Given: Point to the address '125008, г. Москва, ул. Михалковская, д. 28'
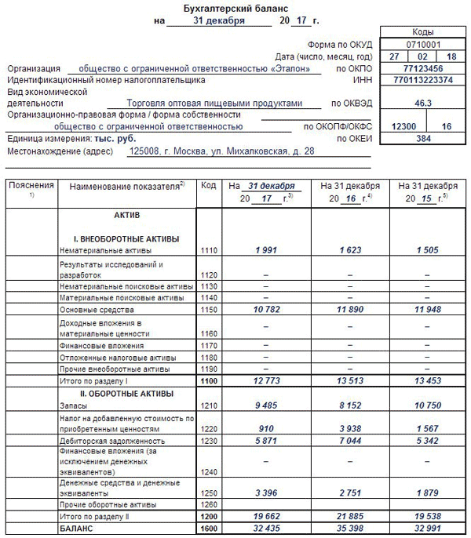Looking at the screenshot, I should pyautogui.click(x=221, y=150).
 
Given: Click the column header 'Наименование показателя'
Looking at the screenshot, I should pyautogui.click(x=126, y=187).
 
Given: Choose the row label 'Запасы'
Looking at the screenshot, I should pyautogui.click(x=72, y=406).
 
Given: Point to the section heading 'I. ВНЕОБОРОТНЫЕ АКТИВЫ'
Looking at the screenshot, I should pyautogui.click(x=126, y=238).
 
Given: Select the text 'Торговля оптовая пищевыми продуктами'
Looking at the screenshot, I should pyautogui.click(x=214, y=103).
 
